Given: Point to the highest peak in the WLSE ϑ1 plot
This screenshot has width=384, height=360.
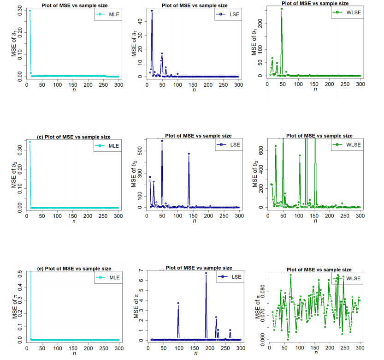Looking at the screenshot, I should pos(281,9).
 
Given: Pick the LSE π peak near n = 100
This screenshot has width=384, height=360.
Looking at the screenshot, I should pos(178,303).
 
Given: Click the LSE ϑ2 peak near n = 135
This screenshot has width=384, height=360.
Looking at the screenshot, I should pos(189,154).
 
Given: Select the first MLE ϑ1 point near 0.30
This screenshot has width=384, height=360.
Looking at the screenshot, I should pos(30,11).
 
